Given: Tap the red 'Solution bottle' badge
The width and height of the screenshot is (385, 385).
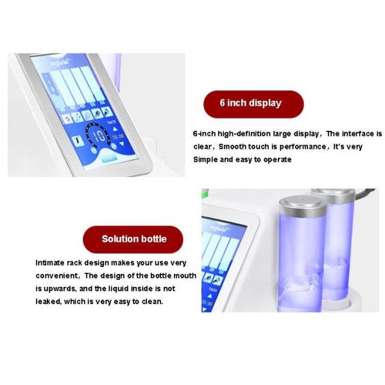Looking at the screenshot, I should (133, 239).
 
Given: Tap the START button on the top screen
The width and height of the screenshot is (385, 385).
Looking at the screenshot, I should (108, 158).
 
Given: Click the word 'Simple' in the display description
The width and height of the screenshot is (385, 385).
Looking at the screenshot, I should (207, 159).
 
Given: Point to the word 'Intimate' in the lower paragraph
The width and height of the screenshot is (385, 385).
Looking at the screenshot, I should (51, 262).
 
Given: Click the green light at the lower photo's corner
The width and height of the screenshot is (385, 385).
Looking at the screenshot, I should (205, 193).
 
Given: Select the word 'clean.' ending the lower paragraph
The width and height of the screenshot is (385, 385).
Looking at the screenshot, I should (151, 301).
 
